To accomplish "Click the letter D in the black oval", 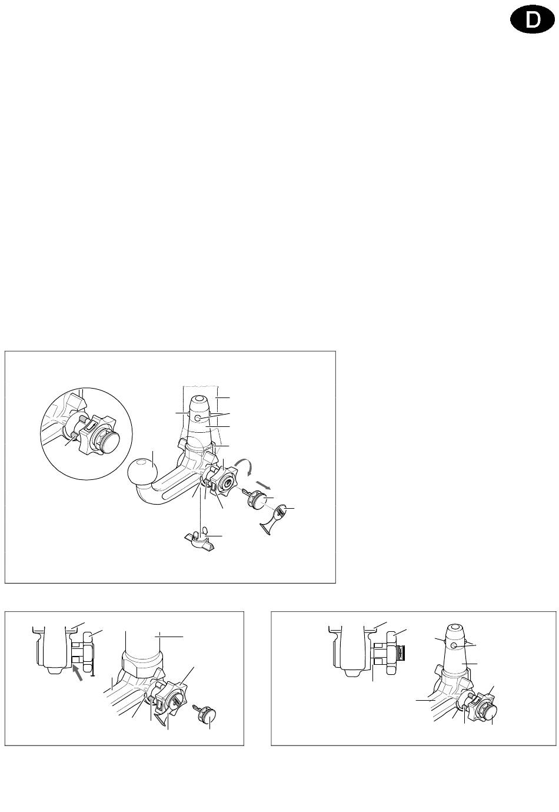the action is [x=532, y=20].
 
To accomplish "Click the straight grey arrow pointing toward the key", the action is [x=263, y=485].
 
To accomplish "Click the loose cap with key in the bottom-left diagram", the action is [x=206, y=714].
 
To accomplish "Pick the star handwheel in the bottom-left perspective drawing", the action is [x=171, y=697].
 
